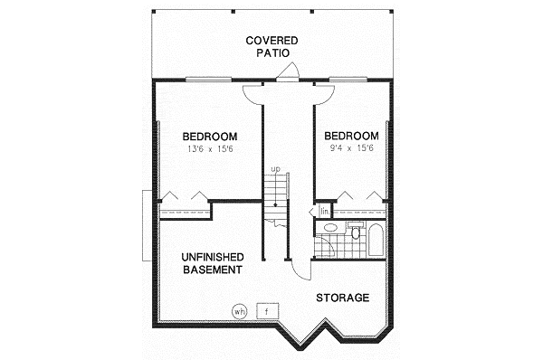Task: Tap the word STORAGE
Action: (x=342, y=298)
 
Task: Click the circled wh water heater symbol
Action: (x=240, y=312)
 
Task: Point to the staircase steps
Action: (x=275, y=190)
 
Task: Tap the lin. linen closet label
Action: (x=323, y=212)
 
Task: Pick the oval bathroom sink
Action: (x=330, y=227)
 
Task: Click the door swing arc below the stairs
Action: (x=297, y=269)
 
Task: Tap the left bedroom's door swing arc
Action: (x=252, y=93)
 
